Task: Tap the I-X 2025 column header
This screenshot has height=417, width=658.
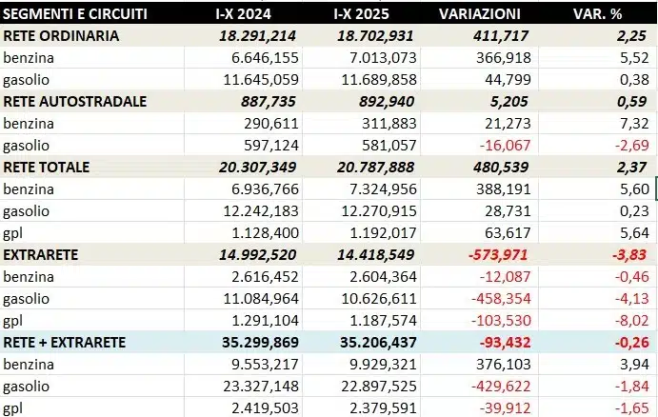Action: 369,15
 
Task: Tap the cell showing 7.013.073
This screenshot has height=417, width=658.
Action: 378,58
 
